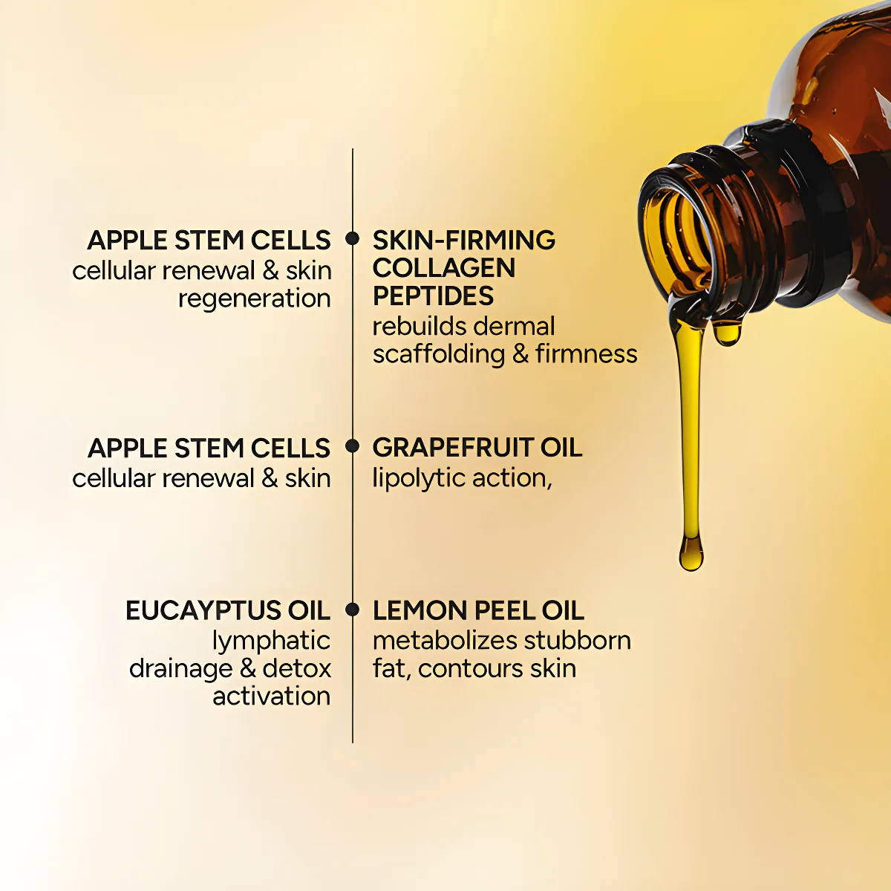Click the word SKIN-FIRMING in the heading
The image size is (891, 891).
click(463, 240)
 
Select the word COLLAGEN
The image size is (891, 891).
click(443, 268)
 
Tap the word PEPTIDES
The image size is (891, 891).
click(433, 296)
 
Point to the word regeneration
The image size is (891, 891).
click(254, 299)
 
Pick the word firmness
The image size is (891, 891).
click(586, 354)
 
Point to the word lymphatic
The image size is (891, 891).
click(271, 641)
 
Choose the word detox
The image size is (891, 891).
click(296, 668)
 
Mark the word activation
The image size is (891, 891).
click(271, 696)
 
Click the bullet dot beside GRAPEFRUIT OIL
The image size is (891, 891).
click(353, 447)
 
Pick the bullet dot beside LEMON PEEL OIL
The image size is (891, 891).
click(353, 610)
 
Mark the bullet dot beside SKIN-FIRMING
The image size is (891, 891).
click(353, 239)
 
